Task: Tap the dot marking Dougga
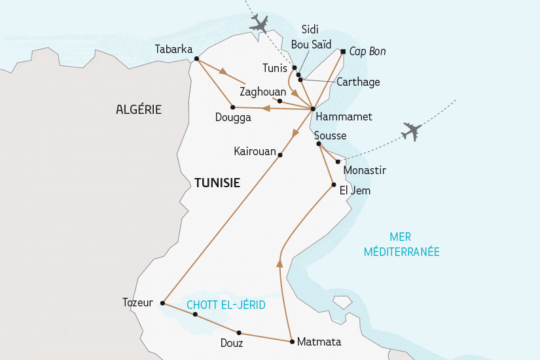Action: click(x=232, y=107)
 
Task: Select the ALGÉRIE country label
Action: click(x=139, y=109)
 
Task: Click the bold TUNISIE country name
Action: click(x=217, y=184)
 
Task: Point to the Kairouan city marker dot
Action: click(x=280, y=154)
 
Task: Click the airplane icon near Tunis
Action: click(x=260, y=25)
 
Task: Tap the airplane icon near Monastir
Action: click(x=411, y=131)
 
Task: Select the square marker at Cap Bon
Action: click(x=343, y=51)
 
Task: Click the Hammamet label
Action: click(x=343, y=117)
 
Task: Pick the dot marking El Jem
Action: click(x=334, y=184)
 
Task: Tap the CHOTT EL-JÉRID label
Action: click(x=221, y=304)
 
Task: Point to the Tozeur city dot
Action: click(x=162, y=303)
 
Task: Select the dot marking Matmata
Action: click(x=291, y=341)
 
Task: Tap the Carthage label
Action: click(x=357, y=82)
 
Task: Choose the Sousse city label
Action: click(x=330, y=135)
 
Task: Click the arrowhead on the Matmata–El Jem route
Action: click(x=279, y=263)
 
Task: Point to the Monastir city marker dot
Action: click(x=338, y=162)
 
